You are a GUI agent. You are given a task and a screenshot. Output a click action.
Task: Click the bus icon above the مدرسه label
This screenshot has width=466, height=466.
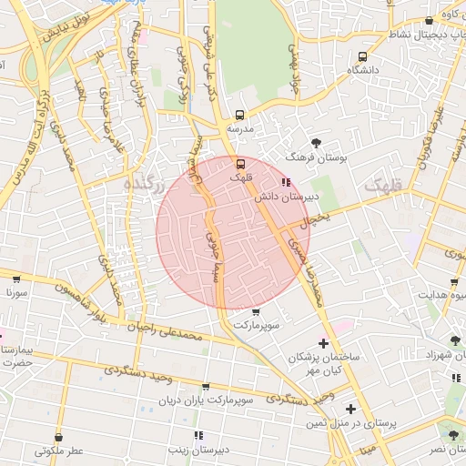pos(239,116)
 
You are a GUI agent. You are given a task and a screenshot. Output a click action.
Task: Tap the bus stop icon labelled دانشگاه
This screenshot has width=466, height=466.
pos(363,56)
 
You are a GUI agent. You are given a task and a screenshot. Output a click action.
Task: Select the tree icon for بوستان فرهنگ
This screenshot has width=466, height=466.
pos(316,143)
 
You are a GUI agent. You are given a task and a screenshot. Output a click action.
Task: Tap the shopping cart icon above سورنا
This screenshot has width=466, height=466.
pos(16,279)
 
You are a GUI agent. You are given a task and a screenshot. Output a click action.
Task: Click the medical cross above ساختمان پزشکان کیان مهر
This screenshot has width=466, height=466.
pos(322,343)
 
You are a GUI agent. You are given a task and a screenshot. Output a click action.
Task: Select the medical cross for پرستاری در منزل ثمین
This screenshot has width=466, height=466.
pos(350,409)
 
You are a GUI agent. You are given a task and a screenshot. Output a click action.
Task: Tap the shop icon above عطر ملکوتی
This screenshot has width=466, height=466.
pos(59,437)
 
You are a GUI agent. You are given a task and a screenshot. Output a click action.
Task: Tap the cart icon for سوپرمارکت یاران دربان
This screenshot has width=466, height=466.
pos(205,387)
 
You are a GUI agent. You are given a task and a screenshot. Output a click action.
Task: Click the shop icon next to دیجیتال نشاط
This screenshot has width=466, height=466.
pos(429,21)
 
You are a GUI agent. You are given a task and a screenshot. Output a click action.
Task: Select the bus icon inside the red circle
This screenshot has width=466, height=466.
pos(240,164)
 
